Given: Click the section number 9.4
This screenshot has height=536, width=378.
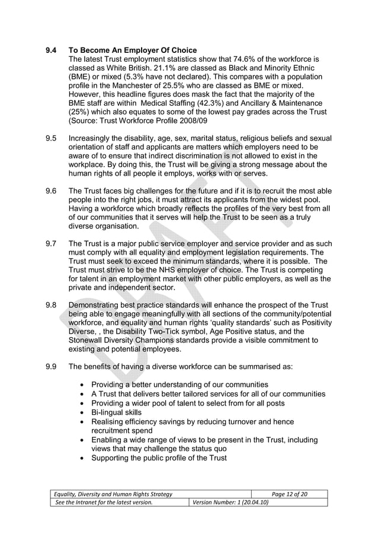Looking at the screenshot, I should click(x=52, y=50).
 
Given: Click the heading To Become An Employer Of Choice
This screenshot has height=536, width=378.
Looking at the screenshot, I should click(x=133, y=50).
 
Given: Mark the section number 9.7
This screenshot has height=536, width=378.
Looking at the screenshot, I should click(x=52, y=244).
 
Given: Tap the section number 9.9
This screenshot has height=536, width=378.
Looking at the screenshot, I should click(x=52, y=366).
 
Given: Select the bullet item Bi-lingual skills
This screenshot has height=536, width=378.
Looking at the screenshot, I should click(x=116, y=412).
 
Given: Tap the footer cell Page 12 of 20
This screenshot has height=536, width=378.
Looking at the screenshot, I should click(x=290, y=494).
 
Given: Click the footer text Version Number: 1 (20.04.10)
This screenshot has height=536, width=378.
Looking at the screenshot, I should click(x=228, y=503).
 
